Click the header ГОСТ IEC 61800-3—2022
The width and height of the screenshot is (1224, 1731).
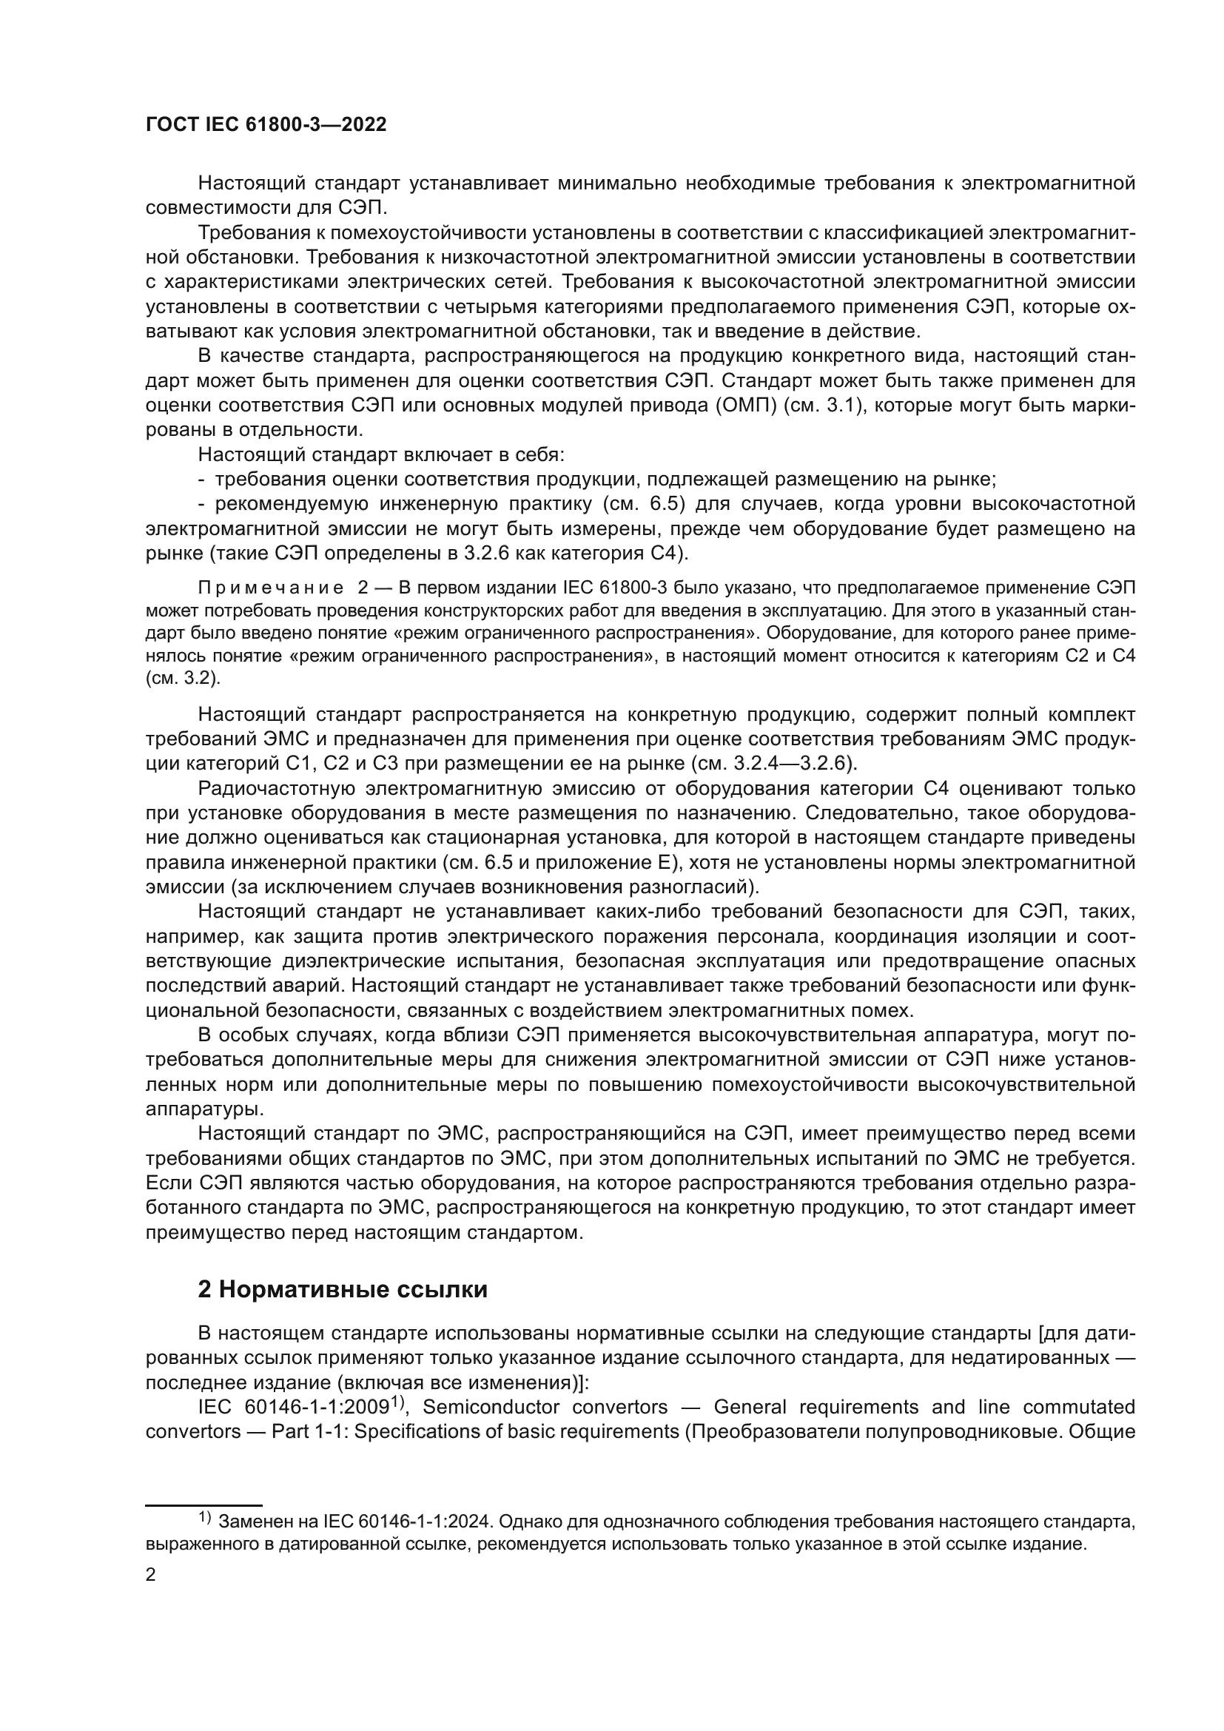266,124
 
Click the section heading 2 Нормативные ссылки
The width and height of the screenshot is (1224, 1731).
342,1288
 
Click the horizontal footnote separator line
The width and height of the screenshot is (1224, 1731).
203,1505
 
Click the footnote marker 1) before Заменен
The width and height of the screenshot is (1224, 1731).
205,1519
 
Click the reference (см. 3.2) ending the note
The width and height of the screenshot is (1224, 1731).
181,679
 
